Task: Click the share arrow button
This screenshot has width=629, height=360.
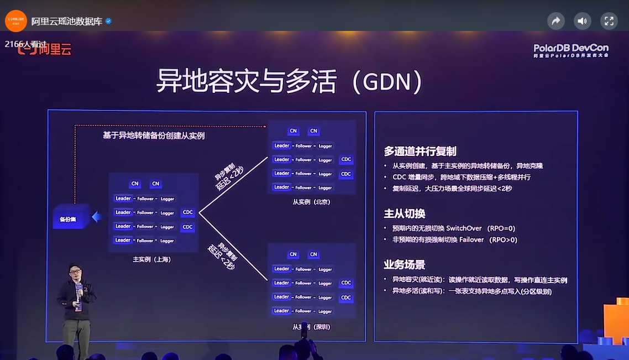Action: (x=555, y=21)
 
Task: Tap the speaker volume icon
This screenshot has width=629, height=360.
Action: (x=582, y=21)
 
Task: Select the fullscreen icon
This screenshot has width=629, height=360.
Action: (x=609, y=21)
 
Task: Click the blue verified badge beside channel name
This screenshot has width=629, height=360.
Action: (x=108, y=21)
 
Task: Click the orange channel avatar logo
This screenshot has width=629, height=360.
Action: (x=16, y=21)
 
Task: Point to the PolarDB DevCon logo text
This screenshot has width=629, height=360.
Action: (x=570, y=50)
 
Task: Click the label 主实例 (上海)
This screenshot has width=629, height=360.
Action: (x=152, y=259)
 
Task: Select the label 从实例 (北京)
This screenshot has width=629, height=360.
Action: (x=311, y=202)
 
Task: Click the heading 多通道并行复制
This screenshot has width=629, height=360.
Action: (x=420, y=152)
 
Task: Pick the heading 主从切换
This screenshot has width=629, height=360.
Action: (x=405, y=213)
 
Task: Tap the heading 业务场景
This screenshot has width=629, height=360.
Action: (x=405, y=264)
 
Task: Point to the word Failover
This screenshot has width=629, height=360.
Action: (x=471, y=239)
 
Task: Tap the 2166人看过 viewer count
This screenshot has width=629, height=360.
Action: (x=25, y=44)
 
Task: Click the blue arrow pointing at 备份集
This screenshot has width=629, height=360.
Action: (x=96, y=217)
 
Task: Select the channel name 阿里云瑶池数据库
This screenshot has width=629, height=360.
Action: (x=67, y=21)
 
